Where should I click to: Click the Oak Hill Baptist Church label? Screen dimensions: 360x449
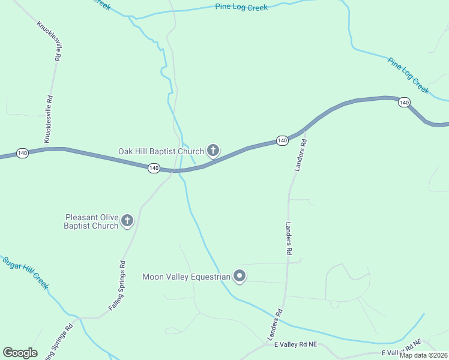click(x=160, y=151)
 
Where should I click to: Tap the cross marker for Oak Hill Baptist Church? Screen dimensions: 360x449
click(x=212, y=150)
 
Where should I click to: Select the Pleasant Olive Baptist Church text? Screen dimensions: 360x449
click(x=91, y=221)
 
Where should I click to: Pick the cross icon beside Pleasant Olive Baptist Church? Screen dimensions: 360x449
click(x=127, y=221)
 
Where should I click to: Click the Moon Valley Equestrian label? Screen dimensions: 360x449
click(x=186, y=277)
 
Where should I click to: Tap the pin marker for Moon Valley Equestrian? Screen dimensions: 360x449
click(x=240, y=276)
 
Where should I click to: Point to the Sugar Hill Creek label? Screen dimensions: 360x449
click(x=25, y=272)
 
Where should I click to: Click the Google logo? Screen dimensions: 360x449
click(x=20, y=353)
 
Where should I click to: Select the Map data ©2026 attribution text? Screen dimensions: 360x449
click(x=423, y=355)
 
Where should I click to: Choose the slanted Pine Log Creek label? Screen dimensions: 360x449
click(x=408, y=76)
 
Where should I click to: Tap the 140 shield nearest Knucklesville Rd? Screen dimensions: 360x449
click(x=22, y=153)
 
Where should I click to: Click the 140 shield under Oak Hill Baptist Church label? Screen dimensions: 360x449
click(x=154, y=168)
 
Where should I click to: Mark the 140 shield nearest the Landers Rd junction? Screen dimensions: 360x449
click(x=282, y=140)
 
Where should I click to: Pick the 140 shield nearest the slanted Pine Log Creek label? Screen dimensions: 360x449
click(x=404, y=103)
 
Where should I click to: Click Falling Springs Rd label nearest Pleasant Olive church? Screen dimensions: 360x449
click(x=118, y=284)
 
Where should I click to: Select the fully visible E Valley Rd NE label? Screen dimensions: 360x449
click(x=295, y=345)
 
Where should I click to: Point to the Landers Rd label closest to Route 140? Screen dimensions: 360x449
click(x=300, y=155)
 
